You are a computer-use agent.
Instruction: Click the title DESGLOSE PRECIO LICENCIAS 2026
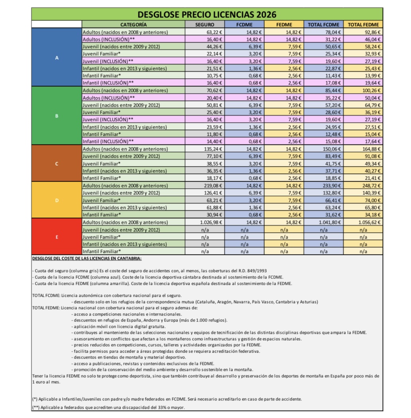point(207,14)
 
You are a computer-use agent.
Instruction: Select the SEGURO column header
point(205,25)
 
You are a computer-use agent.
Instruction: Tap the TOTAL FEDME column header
point(363,25)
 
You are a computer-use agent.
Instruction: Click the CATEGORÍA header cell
point(134,25)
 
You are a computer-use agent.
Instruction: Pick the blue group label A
point(57,57)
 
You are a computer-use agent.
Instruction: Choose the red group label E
point(57,237)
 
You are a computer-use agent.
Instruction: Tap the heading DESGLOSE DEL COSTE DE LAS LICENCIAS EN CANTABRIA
point(87,259)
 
